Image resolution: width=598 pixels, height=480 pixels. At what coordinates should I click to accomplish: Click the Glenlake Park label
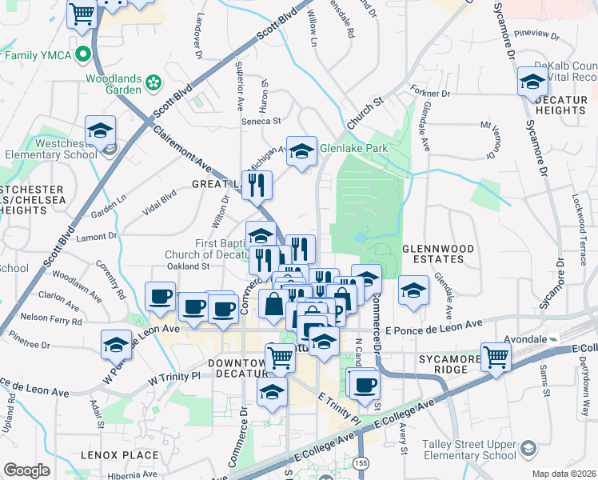pyautogui.click(x=353, y=148)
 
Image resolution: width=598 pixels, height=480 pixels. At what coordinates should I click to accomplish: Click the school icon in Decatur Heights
pyautogui.click(x=532, y=82)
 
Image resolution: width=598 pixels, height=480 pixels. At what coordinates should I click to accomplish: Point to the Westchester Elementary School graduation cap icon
pyautogui.click(x=101, y=130)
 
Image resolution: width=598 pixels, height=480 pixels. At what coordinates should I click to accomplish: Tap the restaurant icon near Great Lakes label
pyautogui.click(x=257, y=185)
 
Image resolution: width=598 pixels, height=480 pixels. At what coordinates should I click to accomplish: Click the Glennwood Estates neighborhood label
pyautogui.click(x=433, y=254)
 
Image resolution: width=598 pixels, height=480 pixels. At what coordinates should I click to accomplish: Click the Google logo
pyautogui.click(x=26, y=470)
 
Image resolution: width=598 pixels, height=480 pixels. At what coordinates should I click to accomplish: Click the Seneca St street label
pyautogui.click(x=261, y=122)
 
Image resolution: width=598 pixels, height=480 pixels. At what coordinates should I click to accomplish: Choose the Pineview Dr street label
pyautogui.click(x=537, y=34)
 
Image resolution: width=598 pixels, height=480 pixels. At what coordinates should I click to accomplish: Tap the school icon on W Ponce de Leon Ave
pyautogui.click(x=117, y=345)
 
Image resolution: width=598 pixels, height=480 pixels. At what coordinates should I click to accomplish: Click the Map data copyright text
pyautogui.click(x=564, y=473)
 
